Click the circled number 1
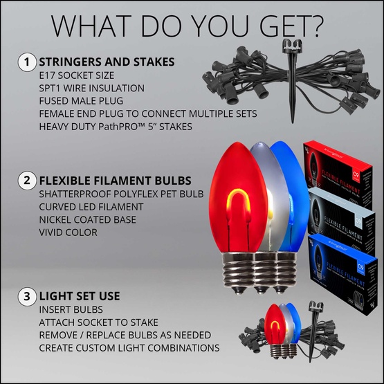(x=26, y=62)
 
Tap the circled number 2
(x=26, y=182)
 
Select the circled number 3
(x=26, y=297)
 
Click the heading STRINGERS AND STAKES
(x=107, y=62)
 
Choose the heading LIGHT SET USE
(x=80, y=296)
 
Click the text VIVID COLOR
(x=68, y=232)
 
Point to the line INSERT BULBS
(x=71, y=309)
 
